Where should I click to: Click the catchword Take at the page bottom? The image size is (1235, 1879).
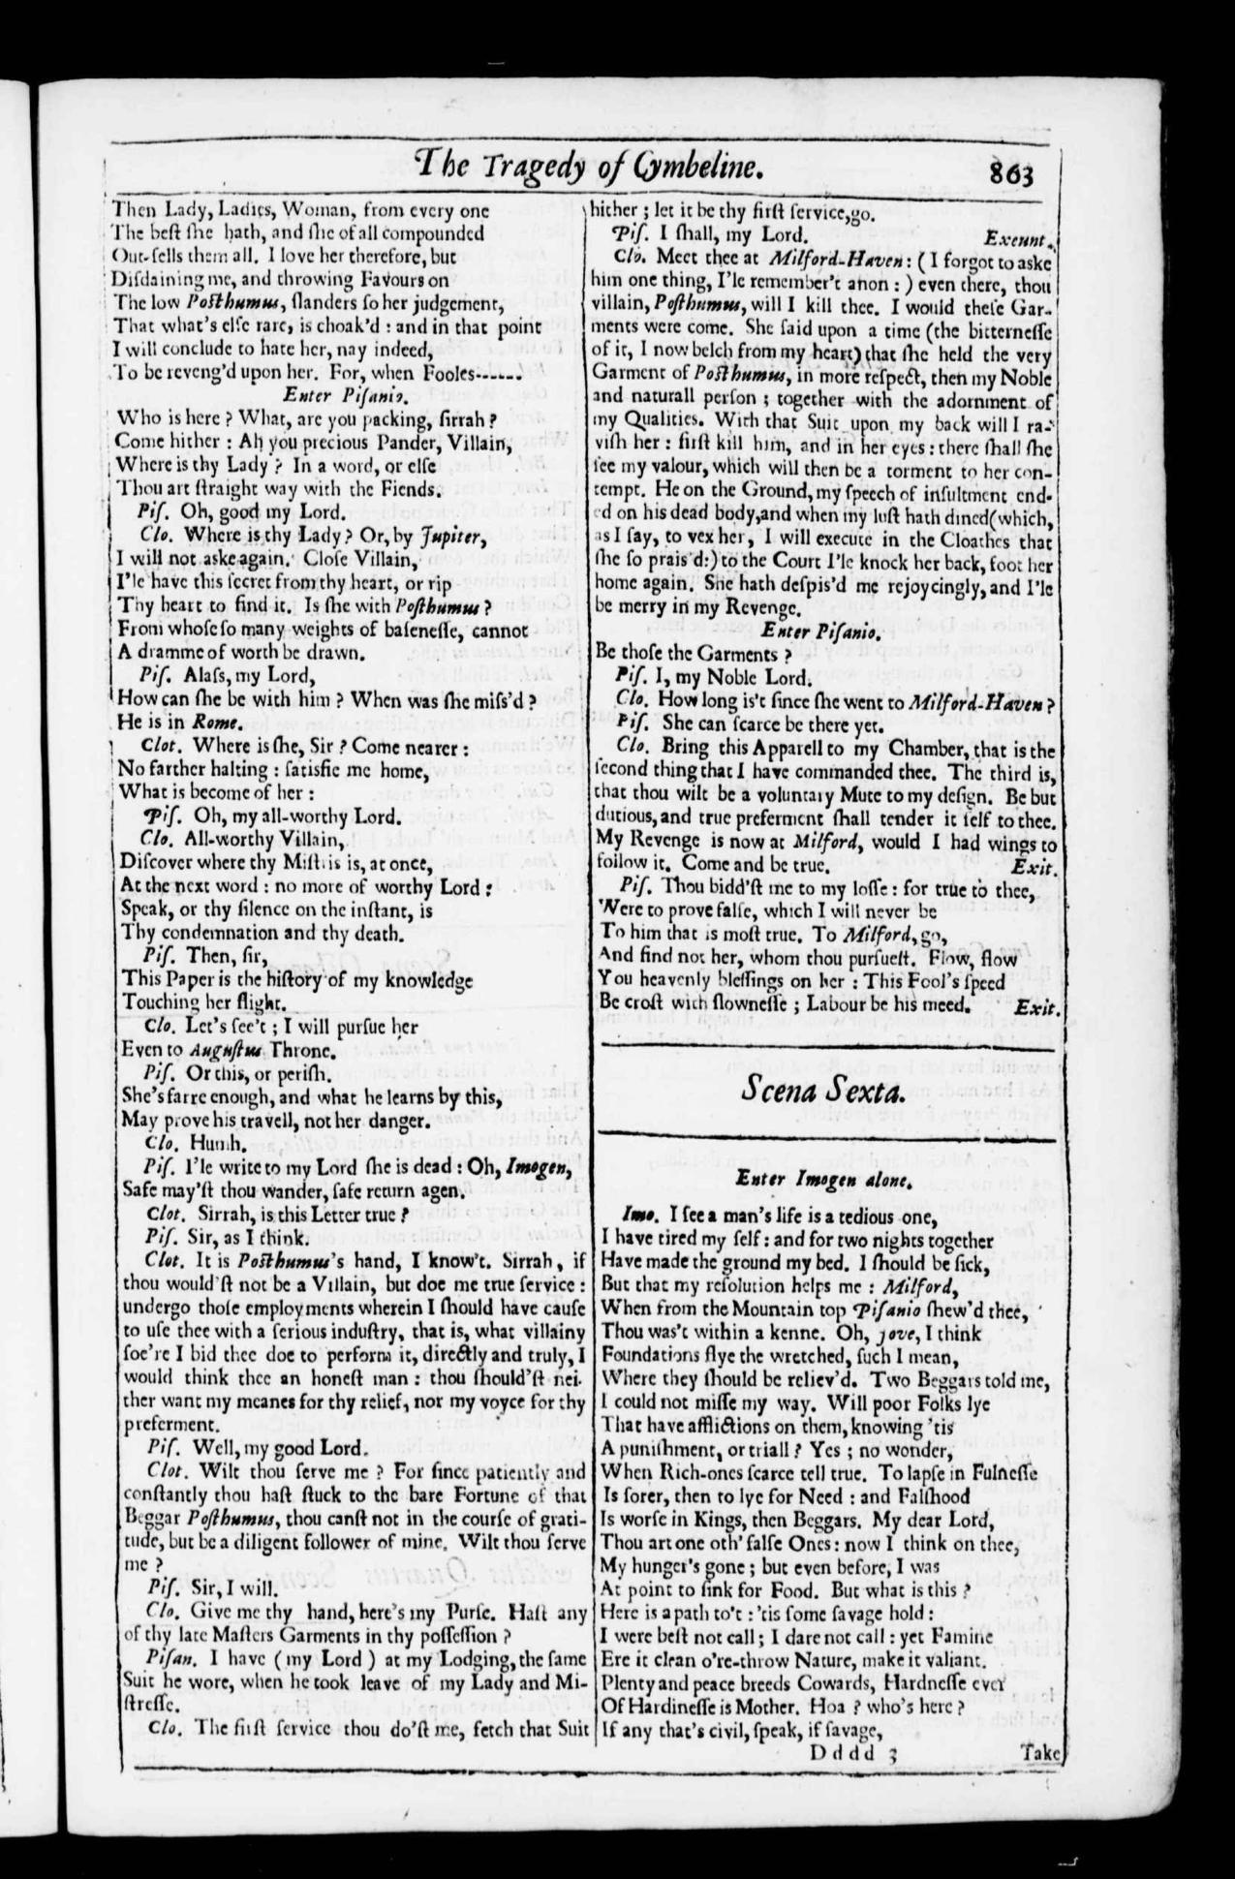(x=1040, y=1751)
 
